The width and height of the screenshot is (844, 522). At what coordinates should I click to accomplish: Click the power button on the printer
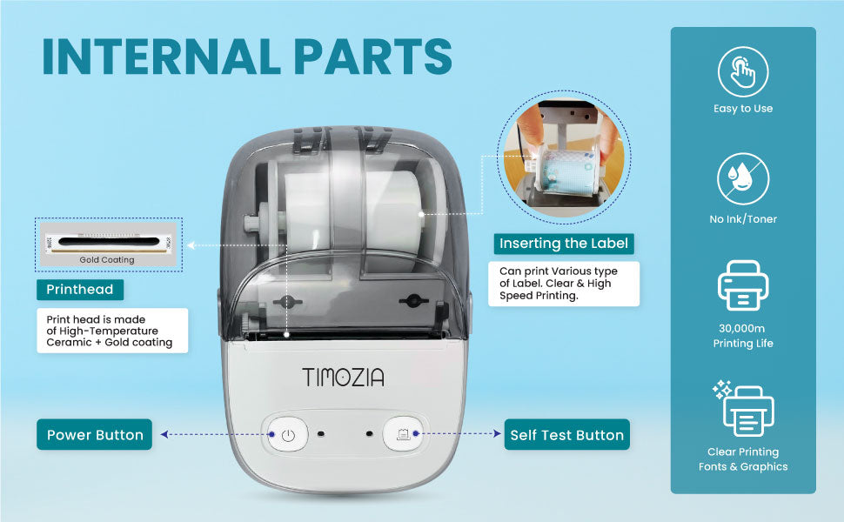288,434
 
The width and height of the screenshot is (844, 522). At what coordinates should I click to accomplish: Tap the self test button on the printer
403,434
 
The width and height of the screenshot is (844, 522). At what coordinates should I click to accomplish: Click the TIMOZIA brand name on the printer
344,378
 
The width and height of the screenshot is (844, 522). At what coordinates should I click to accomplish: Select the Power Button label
95,435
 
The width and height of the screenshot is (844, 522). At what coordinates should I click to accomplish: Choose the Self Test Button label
566,435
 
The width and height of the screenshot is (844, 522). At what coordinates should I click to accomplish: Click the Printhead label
80,290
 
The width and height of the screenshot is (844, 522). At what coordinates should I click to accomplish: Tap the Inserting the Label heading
564,244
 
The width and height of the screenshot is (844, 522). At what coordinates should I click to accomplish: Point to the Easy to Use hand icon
743,72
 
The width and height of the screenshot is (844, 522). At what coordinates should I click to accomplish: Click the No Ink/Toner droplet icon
743,179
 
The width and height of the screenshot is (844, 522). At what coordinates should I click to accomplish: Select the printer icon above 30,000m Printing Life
743,285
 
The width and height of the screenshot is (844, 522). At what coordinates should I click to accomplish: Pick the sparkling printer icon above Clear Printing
744,409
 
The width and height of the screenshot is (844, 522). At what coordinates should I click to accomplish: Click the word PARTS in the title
373,57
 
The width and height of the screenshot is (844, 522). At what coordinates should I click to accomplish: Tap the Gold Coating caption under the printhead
107,260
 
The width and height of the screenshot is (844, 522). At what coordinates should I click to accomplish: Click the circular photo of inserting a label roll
564,157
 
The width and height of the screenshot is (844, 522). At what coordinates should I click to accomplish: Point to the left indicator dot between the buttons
321,434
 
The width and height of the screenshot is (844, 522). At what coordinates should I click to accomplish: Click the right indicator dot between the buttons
369,434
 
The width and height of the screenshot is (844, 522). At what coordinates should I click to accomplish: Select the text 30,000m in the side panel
741,328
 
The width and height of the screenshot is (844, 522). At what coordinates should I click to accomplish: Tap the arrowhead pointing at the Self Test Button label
498,433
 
